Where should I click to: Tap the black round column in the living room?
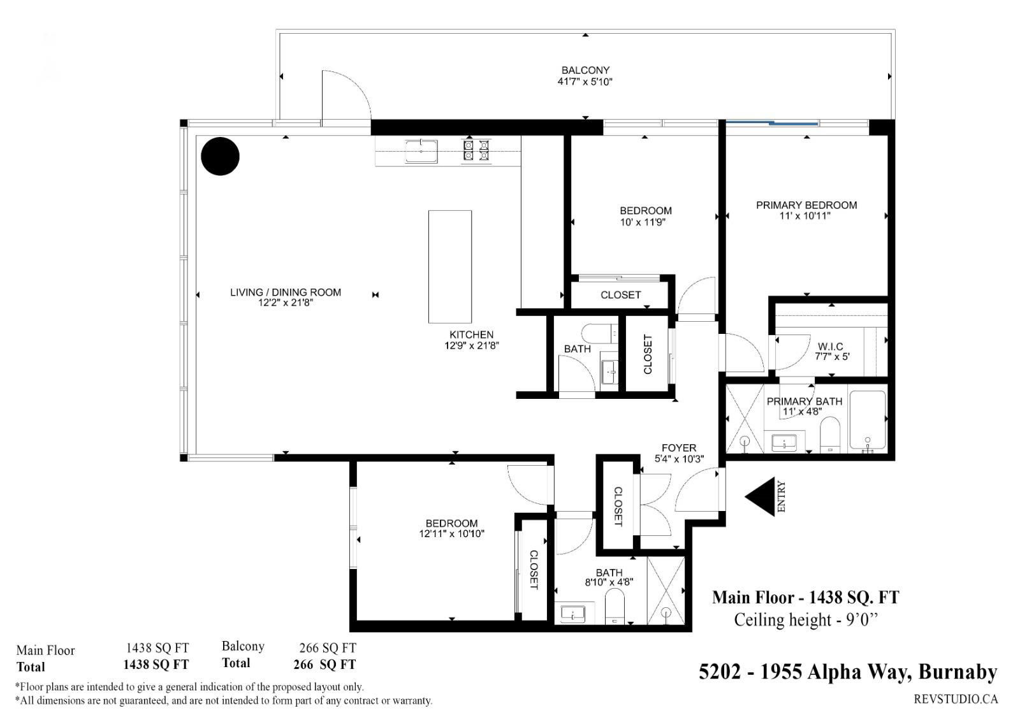click(221, 156)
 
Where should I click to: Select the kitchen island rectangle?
click(450, 267)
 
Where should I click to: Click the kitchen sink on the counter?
click(421, 151)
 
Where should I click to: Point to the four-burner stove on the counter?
click(476, 150)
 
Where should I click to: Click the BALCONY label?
click(585, 71)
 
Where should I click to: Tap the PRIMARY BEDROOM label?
click(806, 205)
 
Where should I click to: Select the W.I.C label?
click(830, 347)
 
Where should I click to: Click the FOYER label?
click(679, 448)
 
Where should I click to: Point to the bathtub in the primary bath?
click(868, 420)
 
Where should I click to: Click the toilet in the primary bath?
click(829, 435)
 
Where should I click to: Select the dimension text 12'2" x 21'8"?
click(286, 303)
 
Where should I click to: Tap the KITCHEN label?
click(471, 335)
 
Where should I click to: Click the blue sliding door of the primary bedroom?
click(772, 122)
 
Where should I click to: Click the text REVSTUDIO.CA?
click(956, 699)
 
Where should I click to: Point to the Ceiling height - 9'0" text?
click(806, 620)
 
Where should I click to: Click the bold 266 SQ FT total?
click(324, 665)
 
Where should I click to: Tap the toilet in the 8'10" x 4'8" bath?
click(615, 606)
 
